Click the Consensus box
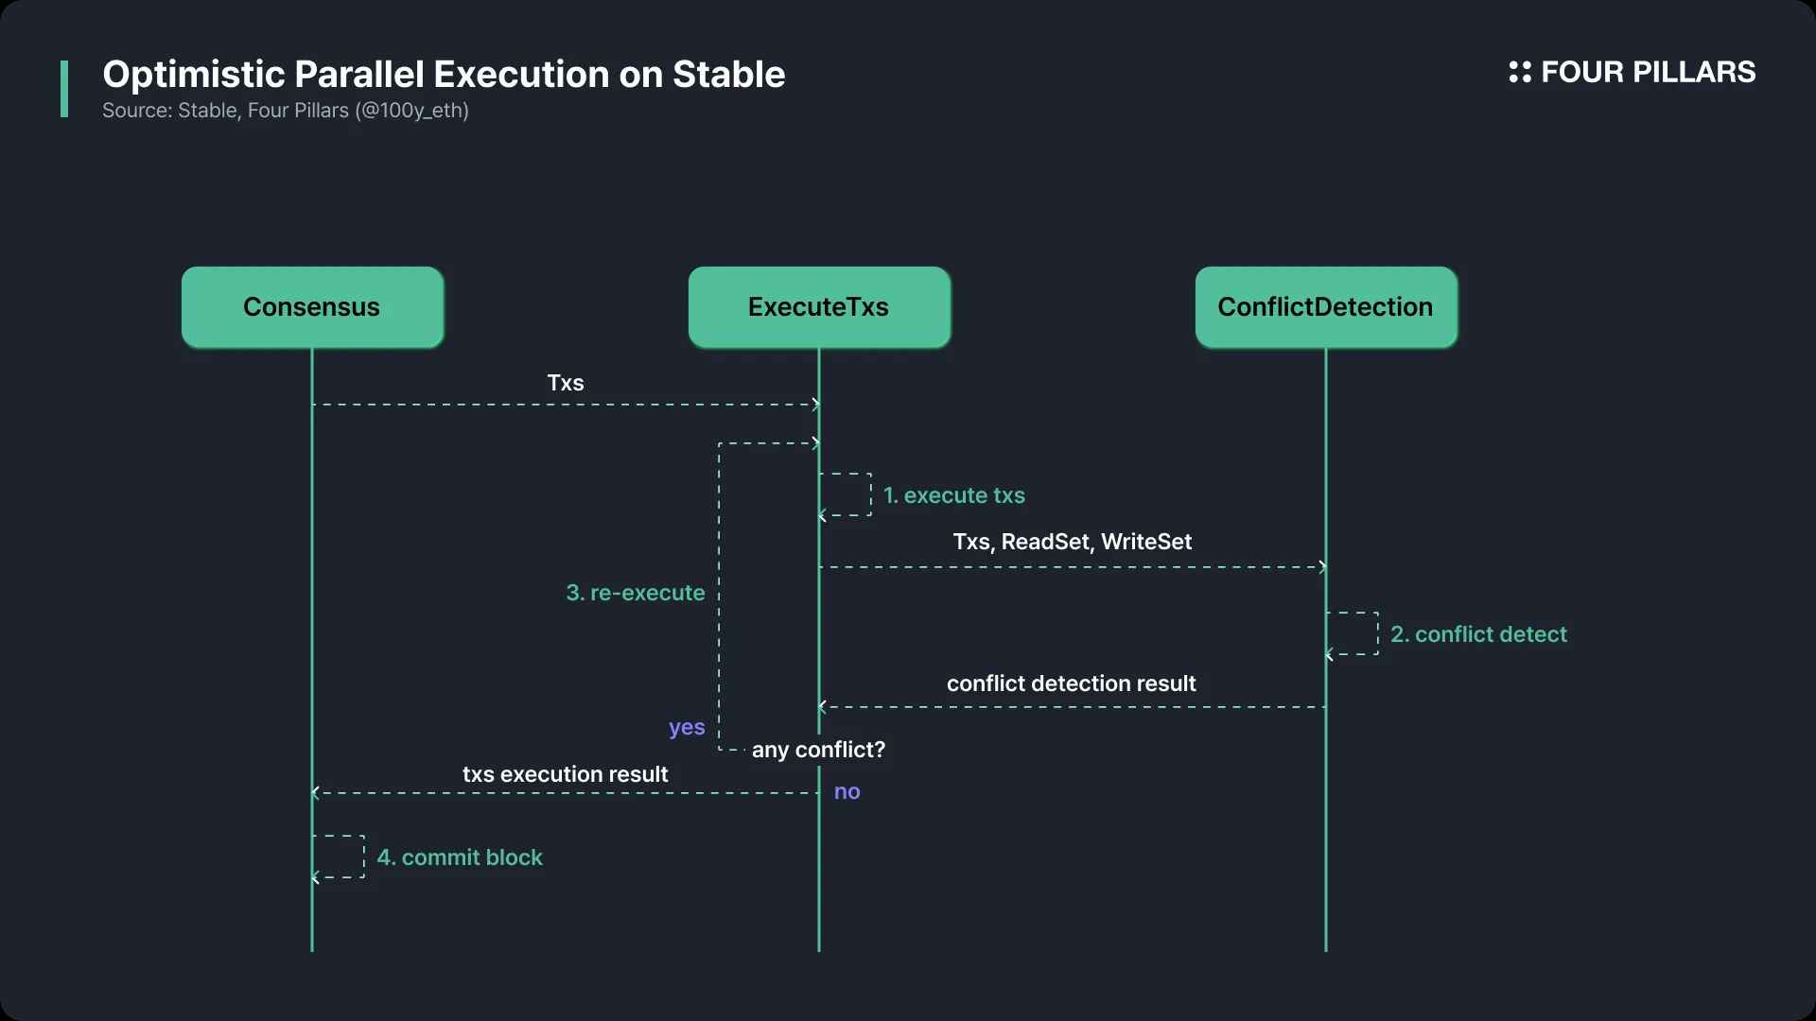(312, 307)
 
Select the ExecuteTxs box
(819, 307)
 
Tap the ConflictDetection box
(1326, 307)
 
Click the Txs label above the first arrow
(566, 383)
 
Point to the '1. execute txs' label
(953, 495)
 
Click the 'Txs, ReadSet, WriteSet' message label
(1072, 542)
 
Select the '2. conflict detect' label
(1478, 634)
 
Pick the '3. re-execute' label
(636, 593)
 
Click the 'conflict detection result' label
(1071, 684)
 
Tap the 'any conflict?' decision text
(818, 750)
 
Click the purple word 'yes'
(687, 728)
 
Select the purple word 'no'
(847, 792)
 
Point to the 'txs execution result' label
(565, 774)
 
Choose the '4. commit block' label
(460, 857)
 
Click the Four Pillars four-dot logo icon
(1520, 72)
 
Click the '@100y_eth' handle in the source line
(411, 111)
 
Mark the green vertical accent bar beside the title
(64, 89)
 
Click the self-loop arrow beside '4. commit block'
(363, 857)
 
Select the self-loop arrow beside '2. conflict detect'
(1377, 633)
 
